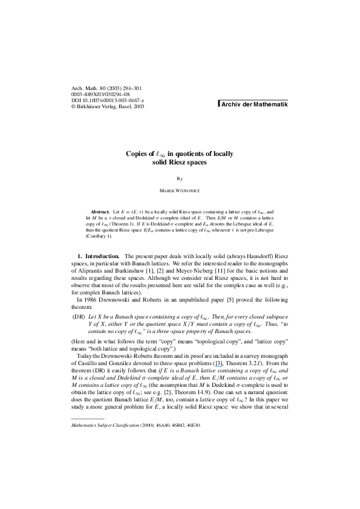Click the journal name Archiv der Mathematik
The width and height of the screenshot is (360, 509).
pyautogui.click(x=254, y=104)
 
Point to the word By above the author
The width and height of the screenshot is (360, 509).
pyautogui.click(x=180, y=179)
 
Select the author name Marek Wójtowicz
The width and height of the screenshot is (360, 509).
pyautogui.click(x=180, y=191)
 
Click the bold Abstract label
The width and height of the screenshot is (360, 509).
pyautogui.click(x=99, y=213)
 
